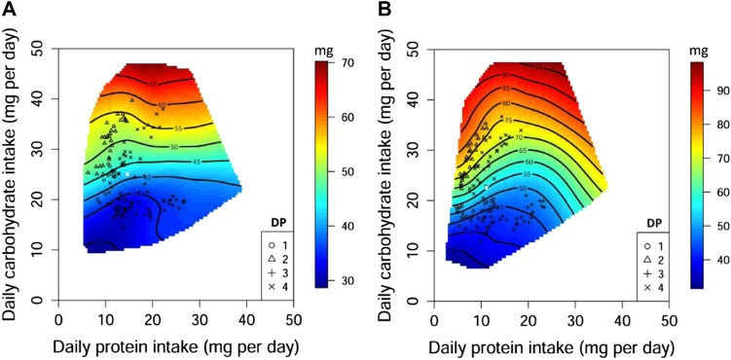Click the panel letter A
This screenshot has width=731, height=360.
(x=9, y=10)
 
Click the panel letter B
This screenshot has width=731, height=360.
(x=384, y=10)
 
